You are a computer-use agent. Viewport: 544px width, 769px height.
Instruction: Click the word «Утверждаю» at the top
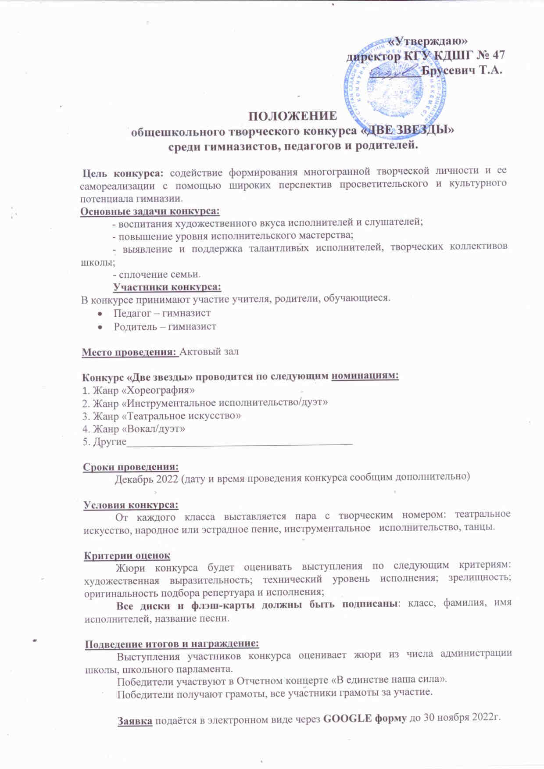(429, 41)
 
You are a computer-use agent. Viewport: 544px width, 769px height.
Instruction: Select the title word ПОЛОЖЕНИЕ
(293, 116)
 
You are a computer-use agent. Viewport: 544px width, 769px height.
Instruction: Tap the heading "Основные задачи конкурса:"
(150, 211)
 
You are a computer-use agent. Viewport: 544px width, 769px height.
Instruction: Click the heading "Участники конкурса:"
(167, 287)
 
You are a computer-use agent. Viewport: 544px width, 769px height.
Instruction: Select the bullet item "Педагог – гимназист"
(162, 313)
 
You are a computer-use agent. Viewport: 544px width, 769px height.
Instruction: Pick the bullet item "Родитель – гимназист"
(165, 326)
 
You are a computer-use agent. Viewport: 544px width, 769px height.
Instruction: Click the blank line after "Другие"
(239, 443)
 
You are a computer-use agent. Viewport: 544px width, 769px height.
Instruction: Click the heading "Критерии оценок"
(127, 555)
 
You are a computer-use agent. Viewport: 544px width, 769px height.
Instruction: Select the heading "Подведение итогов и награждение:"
(172, 644)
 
